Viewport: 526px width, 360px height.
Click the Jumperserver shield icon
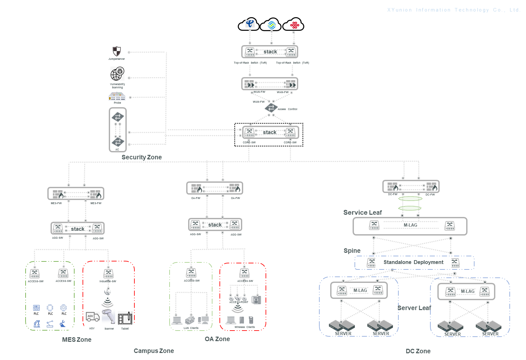pyautogui.click(x=117, y=51)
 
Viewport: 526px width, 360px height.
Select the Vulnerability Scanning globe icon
pyautogui.click(x=117, y=74)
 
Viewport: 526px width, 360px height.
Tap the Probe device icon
pyautogui.click(x=117, y=96)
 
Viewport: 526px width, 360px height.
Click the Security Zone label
pyautogui.click(x=141, y=157)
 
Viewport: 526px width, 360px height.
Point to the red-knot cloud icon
pyautogui.click(x=294, y=24)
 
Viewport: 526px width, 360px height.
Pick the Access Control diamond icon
pyautogui.click(x=271, y=108)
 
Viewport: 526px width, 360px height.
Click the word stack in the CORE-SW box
pyautogui.click(x=269, y=132)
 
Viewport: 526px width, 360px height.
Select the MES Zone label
pyautogui.click(x=77, y=340)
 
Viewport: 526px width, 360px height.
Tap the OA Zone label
pyautogui.click(x=217, y=339)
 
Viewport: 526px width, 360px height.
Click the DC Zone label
pyautogui.click(x=418, y=351)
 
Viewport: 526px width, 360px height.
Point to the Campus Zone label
pyautogui.click(x=154, y=351)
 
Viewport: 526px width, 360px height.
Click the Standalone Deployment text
pyautogui.click(x=413, y=262)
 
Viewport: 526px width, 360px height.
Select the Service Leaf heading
pyautogui.click(x=363, y=212)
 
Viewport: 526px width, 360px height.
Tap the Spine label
pyautogui.click(x=352, y=251)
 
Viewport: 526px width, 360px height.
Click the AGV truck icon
pyautogui.click(x=92, y=317)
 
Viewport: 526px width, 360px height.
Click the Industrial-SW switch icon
pyautogui.click(x=108, y=274)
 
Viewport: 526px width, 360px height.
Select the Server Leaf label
pyautogui.click(x=414, y=308)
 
